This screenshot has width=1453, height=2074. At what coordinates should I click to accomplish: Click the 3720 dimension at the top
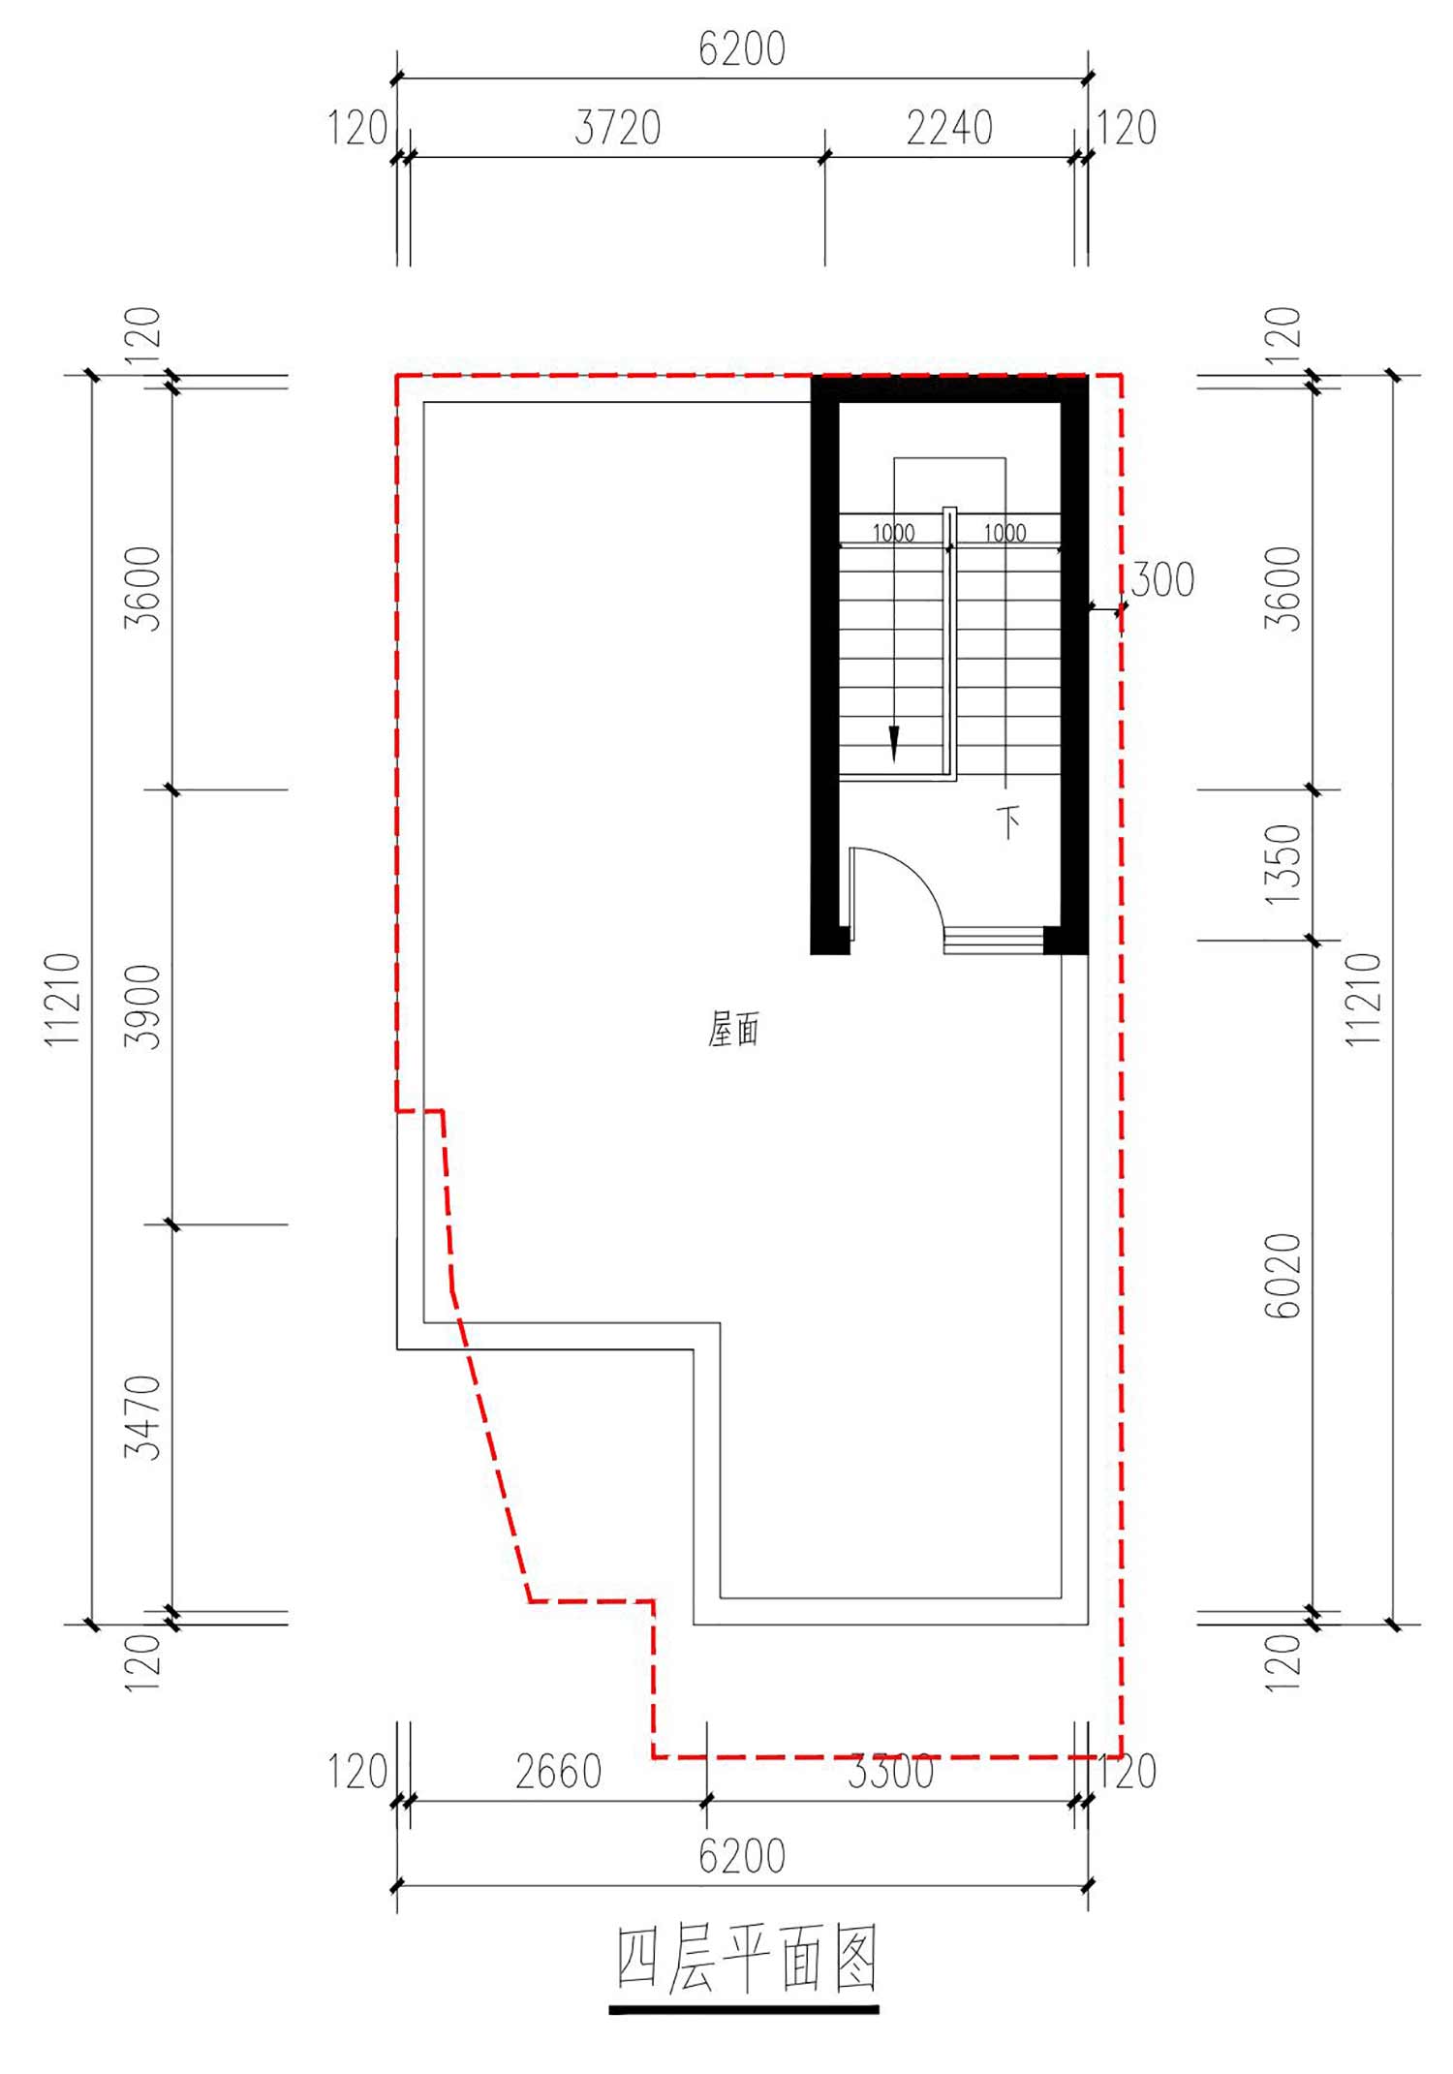(617, 128)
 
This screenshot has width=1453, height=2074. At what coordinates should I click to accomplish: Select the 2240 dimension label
(949, 128)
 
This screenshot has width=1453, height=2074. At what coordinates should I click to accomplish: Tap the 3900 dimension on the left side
(143, 1006)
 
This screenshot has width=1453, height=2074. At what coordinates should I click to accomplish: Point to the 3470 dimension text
(143, 1417)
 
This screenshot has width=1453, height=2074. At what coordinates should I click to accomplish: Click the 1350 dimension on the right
(1283, 864)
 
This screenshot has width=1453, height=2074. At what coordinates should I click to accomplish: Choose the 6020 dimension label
(1283, 1276)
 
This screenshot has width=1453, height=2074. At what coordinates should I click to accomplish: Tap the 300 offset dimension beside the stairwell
(1162, 579)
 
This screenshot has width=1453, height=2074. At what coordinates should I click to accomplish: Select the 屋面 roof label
(733, 1029)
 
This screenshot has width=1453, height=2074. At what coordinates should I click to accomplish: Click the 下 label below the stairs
(1009, 822)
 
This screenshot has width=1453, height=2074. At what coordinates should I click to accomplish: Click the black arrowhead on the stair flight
(894, 745)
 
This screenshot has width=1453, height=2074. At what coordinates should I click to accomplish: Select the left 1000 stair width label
(893, 533)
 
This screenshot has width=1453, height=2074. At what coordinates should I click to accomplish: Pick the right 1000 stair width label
(1005, 533)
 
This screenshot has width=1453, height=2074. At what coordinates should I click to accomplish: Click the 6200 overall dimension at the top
(742, 49)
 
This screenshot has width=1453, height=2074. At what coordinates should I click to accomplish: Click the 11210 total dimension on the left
(63, 999)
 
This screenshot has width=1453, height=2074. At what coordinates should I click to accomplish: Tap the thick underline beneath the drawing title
(744, 2010)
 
